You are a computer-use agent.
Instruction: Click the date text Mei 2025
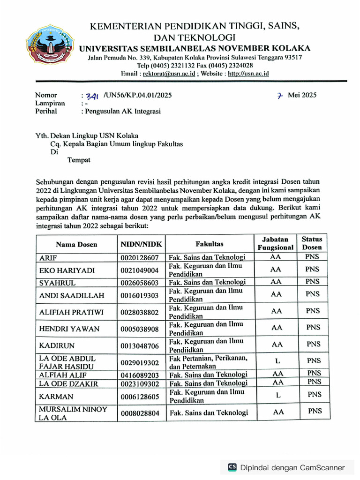click(x=302, y=95)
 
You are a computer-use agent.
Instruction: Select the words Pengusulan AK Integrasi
click(x=122, y=112)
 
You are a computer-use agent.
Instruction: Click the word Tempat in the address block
click(x=79, y=160)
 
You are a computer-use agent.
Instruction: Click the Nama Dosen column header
click(x=76, y=244)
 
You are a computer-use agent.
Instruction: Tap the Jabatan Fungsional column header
click(x=276, y=243)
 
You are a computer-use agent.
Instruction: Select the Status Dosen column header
click(x=312, y=243)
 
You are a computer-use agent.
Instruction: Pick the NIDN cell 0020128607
click(x=140, y=257)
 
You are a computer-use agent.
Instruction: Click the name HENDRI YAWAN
click(x=69, y=329)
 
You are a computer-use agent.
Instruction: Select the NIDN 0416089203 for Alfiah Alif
click(x=140, y=375)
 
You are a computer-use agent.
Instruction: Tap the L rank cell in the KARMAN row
click(x=278, y=395)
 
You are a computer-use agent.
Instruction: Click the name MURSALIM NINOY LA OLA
click(x=73, y=413)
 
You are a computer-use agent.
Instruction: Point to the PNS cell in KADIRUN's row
click(x=314, y=344)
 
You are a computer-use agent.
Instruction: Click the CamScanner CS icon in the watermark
click(x=232, y=467)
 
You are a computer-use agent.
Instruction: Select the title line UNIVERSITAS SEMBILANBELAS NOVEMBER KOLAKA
click(x=195, y=48)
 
